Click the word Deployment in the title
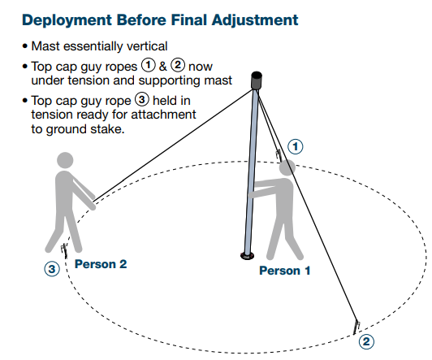[x=56, y=19]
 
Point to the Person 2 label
[x=101, y=264]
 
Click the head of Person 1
[x=286, y=167]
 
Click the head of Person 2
[x=66, y=161]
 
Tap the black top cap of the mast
[x=257, y=80]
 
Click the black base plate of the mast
[x=247, y=257]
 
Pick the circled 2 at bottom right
[x=366, y=341]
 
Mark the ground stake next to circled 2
[x=356, y=326]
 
